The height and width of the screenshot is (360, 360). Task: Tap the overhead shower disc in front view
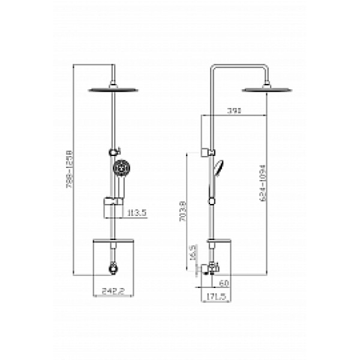[113, 90]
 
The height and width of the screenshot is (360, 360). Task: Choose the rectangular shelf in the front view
[113, 242]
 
